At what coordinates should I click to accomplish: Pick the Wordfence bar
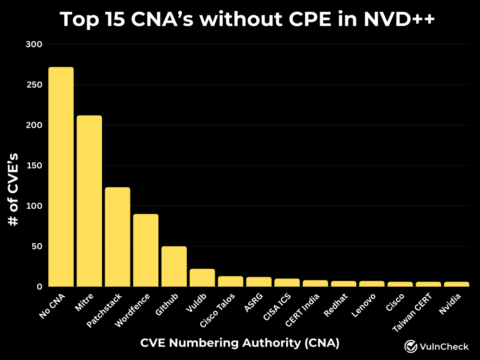point(146,250)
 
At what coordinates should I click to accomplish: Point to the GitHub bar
point(174,266)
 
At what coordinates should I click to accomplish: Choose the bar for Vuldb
point(202,278)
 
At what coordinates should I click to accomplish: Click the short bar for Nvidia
point(456,284)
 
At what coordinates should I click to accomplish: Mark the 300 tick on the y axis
point(34,44)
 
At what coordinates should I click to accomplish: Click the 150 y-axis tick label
point(34,166)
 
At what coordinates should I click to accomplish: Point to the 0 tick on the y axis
point(39,287)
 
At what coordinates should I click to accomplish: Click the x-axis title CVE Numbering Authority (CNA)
point(240,343)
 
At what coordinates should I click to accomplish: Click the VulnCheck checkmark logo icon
point(411,346)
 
